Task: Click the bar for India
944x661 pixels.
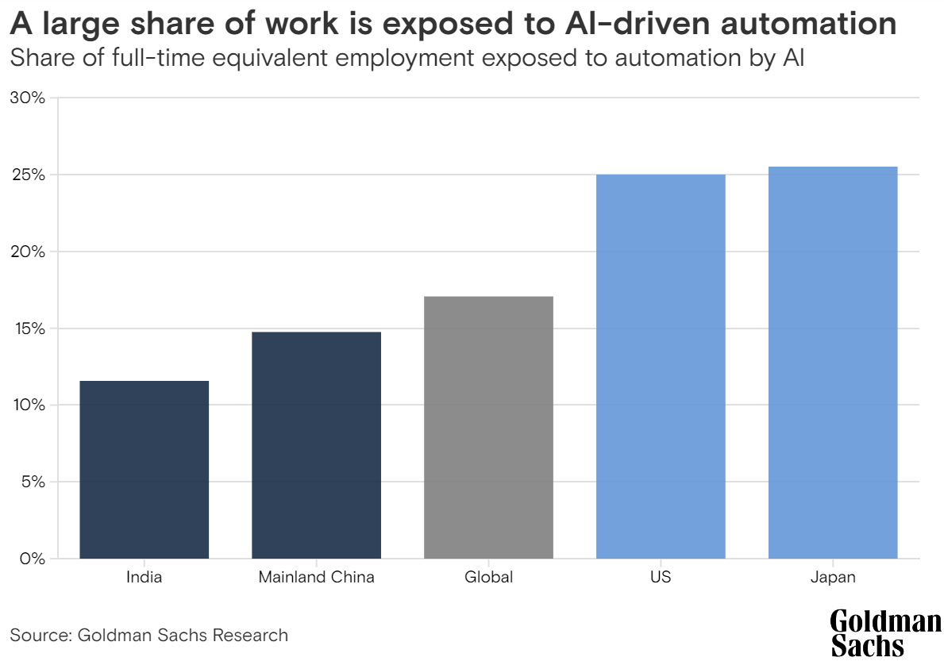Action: click(144, 470)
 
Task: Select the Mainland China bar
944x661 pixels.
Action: click(316, 445)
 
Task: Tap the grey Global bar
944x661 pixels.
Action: click(488, 427)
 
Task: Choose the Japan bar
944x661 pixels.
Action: click(833, 363)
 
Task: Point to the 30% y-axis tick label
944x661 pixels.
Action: click(28, 98)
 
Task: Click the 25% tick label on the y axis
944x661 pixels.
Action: click(28, 175)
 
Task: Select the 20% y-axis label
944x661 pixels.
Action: click(28, 252)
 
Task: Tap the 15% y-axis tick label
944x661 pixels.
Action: click(28, 329)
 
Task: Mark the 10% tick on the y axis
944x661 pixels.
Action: click(28, 405)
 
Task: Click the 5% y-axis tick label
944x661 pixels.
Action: click(32, 482)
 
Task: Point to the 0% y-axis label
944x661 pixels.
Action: click(32, 559)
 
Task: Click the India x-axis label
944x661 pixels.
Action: click(144, 577)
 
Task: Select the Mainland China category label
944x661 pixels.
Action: click(316, 577)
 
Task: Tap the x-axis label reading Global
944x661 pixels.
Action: click(488, 577)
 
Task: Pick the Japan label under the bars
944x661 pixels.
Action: click(833, 577)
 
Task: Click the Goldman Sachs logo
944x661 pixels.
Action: click(885, 632)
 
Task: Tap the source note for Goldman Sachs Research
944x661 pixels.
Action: click(148, 635)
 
